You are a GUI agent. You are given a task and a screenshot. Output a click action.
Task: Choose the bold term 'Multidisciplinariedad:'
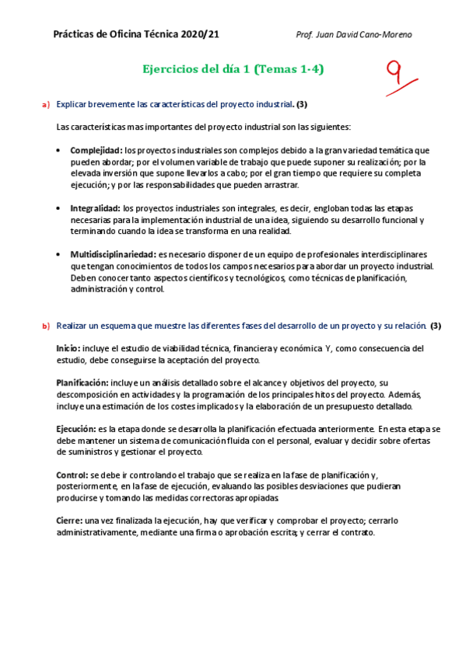click(x=112, y=254)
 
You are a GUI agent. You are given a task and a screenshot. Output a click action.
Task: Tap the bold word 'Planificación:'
click(x=82, y=383)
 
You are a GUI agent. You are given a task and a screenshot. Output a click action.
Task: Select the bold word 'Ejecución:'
click(x=75, y=428)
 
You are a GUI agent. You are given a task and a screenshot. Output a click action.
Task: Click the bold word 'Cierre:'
click(x=70, y=520)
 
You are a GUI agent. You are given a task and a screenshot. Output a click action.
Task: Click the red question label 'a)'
click(x=45, y=104)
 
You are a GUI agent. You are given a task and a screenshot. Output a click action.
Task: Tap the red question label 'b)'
click(x=45, y=326)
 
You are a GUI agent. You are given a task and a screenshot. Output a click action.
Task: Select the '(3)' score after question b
click(x=436, y=326)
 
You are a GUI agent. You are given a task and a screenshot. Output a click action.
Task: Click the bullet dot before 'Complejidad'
click(x=61, y=150)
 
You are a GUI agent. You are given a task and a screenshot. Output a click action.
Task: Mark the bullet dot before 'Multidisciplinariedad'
click(x=61, y=254)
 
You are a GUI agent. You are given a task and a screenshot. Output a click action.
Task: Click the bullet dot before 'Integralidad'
click(x=61, y=208)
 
